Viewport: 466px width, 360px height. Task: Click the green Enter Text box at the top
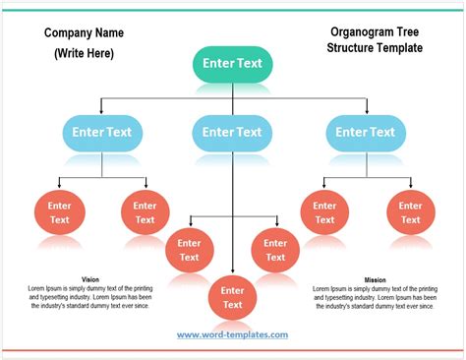[232, 64]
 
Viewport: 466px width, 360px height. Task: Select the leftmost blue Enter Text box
[102, 131]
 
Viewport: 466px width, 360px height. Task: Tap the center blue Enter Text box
[232, 131]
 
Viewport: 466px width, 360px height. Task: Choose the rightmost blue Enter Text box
[365, 131]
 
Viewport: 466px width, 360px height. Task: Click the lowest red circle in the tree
[232, 297]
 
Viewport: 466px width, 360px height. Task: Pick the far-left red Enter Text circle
[60, 212]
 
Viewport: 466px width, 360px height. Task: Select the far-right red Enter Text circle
[410, 212]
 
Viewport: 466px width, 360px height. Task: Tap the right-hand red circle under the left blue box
[146, 212]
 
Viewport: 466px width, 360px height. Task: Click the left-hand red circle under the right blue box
[324, 212]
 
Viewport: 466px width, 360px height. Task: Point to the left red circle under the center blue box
[190, 250]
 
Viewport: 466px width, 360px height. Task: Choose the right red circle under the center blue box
[275, 250]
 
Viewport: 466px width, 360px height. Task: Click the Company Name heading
[84, 33]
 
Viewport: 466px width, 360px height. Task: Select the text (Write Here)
[84, 53]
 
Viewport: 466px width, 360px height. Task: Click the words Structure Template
[375, 47]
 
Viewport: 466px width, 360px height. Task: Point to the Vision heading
[90, 279]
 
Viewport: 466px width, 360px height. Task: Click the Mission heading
[375, 279]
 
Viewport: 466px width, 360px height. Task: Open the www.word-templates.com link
[232, 335]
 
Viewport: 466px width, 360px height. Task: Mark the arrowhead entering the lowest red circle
[232, 273]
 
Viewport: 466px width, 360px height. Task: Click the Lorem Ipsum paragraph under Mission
[375, 297]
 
